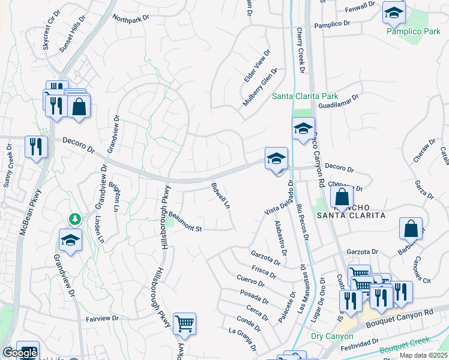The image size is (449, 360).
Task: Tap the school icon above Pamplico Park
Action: coord(394,13)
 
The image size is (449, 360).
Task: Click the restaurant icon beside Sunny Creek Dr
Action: coord(36,146)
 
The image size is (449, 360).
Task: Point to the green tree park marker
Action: coord(74,218)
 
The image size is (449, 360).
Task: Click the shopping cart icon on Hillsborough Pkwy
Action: coord(184,323)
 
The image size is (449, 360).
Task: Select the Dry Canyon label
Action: coord(332,336)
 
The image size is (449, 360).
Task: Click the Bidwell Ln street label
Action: coord(220,196)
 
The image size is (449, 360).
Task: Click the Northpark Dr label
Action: coord(130,20)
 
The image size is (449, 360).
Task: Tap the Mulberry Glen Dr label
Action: coord(259,88)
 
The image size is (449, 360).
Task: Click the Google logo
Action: coord(20,353)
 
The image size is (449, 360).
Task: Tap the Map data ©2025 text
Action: coord(423,355)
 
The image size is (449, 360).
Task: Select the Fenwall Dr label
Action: coord(360,7)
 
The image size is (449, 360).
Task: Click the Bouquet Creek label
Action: coord(407,344)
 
